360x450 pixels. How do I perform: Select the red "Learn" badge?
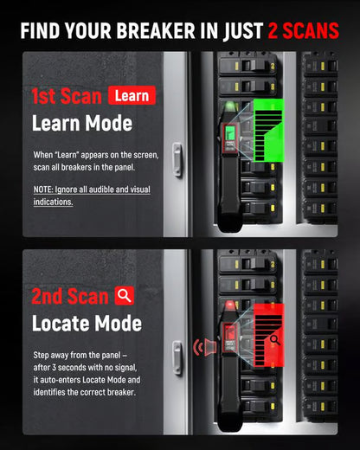point(132,95)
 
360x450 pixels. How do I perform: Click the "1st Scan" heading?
point(67,96)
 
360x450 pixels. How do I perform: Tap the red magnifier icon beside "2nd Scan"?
point(125,295)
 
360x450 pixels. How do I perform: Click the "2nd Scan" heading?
point(71,296)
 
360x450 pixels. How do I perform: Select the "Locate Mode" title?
point(86,324)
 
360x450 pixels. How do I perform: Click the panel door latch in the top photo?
point(177,159)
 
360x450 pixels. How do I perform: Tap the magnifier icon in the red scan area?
point(274,338)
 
